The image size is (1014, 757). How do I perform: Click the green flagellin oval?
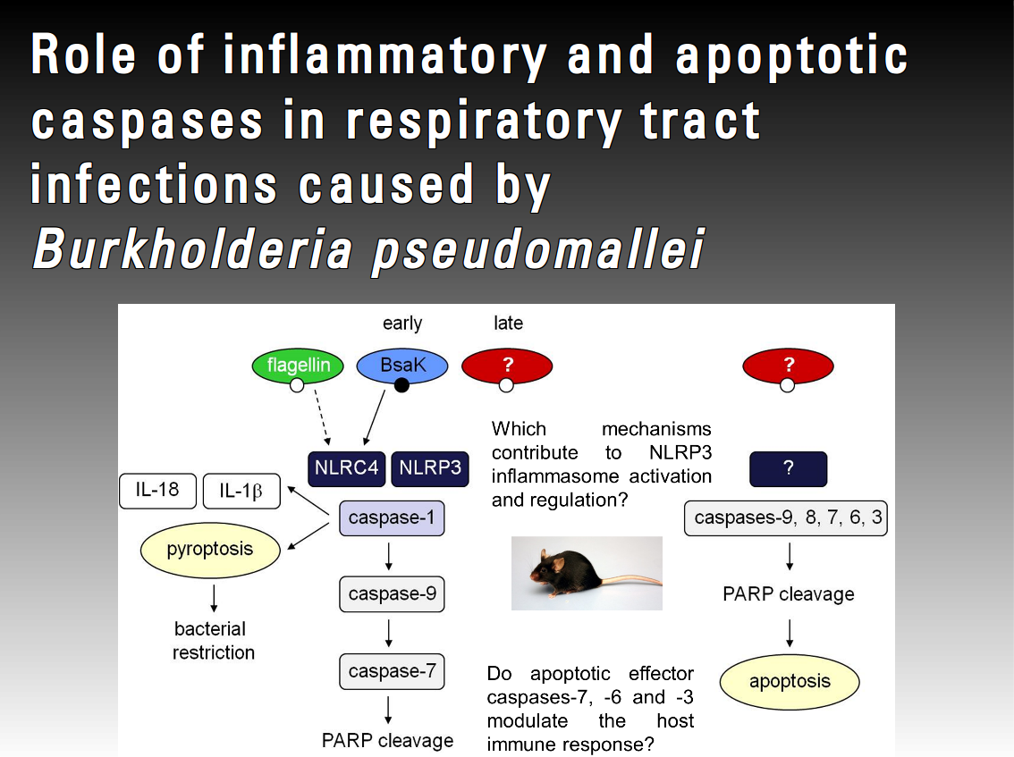coord(298,366)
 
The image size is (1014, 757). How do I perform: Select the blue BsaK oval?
coord(401,366)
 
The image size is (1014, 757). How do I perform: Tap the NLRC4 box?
coord(346,467)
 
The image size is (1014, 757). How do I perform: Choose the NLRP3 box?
coord(430,467)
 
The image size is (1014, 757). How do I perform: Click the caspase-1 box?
coord(391,517)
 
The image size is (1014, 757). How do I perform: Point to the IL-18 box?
coord(156,491)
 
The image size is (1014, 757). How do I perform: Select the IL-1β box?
coord(241,492)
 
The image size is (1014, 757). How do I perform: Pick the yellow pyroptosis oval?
coord(210,549)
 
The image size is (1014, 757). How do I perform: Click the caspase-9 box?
coord(392,593)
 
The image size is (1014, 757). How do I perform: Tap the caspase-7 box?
coord(392,671)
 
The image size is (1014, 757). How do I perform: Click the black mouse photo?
coord(587,573)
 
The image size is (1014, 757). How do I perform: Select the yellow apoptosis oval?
coord(790,681)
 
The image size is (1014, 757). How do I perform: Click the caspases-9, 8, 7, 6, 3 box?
coord(786,517)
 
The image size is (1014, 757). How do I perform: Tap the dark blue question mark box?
coord(788,468)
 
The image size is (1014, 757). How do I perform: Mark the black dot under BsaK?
coord(401,385)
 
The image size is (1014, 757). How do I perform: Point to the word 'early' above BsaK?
coord(402,323)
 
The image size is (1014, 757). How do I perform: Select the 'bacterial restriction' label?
coord(214,641)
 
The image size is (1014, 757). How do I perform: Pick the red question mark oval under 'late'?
coord(507,365)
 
